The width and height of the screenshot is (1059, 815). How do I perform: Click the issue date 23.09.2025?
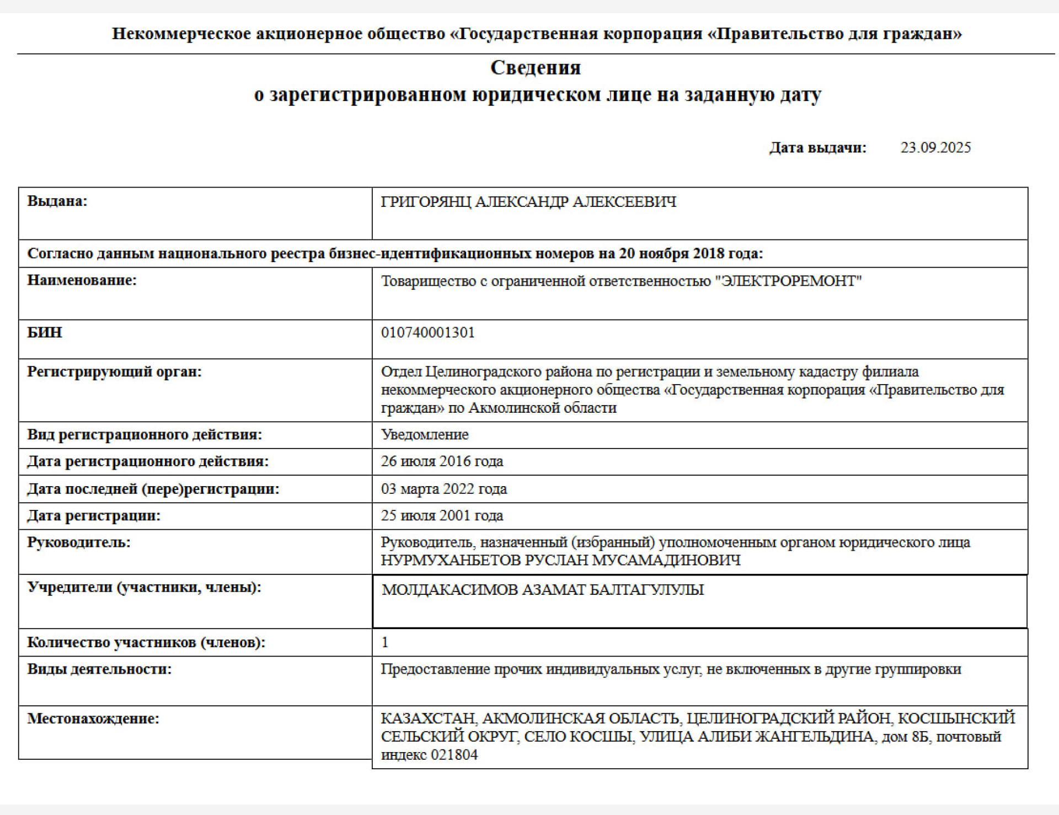pos(935,147)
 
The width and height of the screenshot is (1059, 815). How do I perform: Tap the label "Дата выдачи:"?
pos(818,147)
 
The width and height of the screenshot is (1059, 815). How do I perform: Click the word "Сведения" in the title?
pos(536,68)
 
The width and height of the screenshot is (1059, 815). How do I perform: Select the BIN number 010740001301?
pos(427,332)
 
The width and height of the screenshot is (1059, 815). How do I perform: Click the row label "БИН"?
pos(45,332)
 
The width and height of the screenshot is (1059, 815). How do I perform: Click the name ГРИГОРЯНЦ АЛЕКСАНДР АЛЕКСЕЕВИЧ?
pos(528,202)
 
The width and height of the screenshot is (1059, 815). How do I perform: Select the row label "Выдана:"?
pos(57,201)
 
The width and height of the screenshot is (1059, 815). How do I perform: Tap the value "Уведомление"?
pos(425,434)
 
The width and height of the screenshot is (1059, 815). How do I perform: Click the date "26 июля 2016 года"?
pos(442,461)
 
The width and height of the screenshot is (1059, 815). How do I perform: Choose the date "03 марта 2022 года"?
pos(443,489)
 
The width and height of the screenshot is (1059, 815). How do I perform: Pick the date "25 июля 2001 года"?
pos(442,515)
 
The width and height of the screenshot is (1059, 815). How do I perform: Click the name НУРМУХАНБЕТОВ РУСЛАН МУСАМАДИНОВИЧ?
pos(560,560)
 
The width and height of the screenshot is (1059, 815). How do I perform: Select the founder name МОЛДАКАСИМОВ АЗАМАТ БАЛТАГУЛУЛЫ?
pos(543,589)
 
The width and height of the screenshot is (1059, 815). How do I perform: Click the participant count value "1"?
pos(385,642)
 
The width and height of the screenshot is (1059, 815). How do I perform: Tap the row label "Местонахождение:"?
pos(93,718)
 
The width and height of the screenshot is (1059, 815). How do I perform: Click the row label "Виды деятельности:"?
pos(99,669)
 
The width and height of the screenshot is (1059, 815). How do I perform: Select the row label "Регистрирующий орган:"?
pos(114,371)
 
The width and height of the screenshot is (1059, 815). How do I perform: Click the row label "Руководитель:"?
pos(79,542)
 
